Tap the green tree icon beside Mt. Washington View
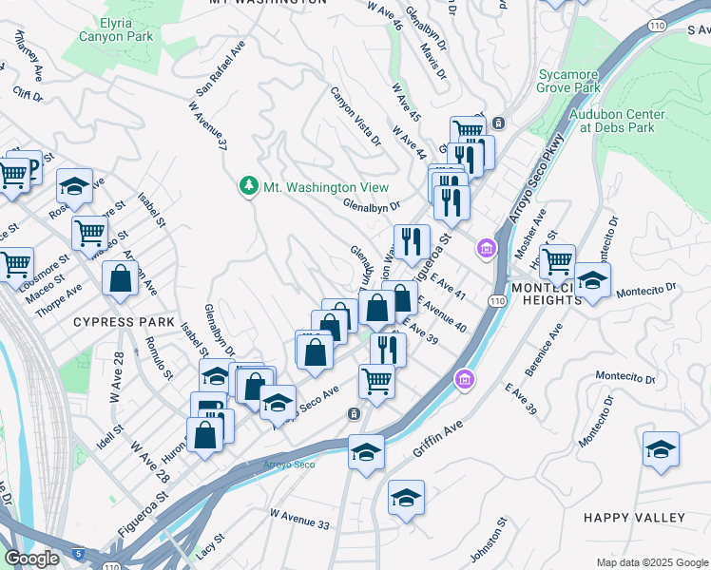[249, 186]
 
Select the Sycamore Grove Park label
[569, 81]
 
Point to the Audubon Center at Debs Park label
[617, 121]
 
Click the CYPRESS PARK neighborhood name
[125, 322]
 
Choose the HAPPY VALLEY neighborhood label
[634, 518]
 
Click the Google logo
[31, 559]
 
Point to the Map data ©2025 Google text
[652, 562]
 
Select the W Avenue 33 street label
[300, 519]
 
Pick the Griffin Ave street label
[439, 438]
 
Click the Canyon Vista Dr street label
[355, 117]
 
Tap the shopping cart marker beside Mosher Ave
[557, 258]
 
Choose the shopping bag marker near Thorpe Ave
[120, 279]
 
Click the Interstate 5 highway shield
[77, 553]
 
